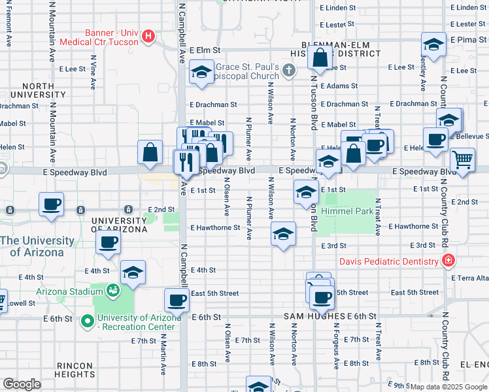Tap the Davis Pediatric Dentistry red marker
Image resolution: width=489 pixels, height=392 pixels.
448,262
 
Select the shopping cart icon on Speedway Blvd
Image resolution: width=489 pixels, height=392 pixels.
462,159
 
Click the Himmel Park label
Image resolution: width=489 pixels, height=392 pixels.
351,212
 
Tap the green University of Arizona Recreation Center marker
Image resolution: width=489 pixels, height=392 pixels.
87,321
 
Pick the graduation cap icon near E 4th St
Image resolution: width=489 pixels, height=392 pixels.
133,272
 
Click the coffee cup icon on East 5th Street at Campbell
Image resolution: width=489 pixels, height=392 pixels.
177,300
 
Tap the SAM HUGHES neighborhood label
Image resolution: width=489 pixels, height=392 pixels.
314,316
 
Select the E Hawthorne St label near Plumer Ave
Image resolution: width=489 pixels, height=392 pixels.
216,228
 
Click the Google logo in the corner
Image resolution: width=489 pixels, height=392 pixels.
22,384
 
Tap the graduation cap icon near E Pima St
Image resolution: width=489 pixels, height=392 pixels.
433,44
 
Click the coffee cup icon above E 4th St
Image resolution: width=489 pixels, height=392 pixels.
109,242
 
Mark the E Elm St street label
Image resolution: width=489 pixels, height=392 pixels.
205,50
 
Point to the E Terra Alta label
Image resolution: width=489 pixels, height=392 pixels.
470,278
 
